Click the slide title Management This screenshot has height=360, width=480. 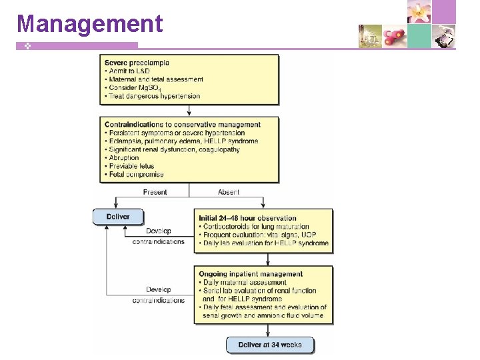89,23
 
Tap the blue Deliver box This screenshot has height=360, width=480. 118,217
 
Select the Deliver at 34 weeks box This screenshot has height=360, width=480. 269,345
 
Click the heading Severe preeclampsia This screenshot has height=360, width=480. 137,63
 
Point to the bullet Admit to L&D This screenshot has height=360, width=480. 129,71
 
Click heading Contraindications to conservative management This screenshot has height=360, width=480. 183,125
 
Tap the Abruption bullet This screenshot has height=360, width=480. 123,158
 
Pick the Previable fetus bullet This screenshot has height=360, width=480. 129,166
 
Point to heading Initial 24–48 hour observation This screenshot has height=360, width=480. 247,218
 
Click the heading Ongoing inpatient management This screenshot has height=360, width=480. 251,274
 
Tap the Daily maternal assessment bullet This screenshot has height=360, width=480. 243,283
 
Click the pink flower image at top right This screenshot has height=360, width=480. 419,11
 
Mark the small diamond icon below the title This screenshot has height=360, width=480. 21,45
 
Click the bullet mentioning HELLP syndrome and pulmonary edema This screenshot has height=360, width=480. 181,141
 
